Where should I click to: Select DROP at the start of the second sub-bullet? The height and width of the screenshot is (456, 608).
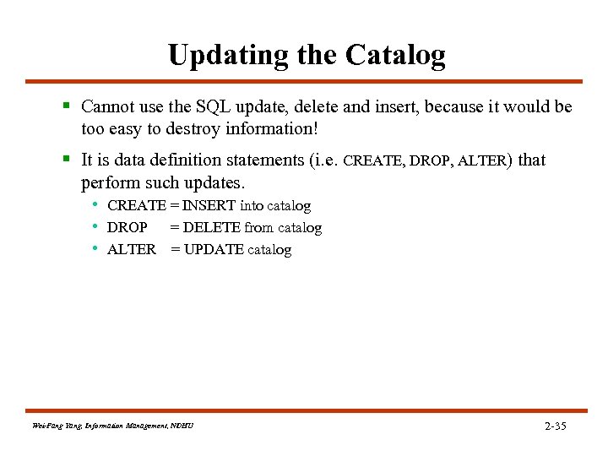pyautogui.click(x=127, y=228)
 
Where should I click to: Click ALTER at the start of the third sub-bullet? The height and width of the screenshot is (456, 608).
pyautogui.click(x=132, y=250)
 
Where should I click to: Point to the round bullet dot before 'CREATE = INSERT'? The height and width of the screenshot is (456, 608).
pyautogui.click(x=97, y=205)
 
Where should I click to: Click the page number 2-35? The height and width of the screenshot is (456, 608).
pyautogui.click(x=555, y=426)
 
